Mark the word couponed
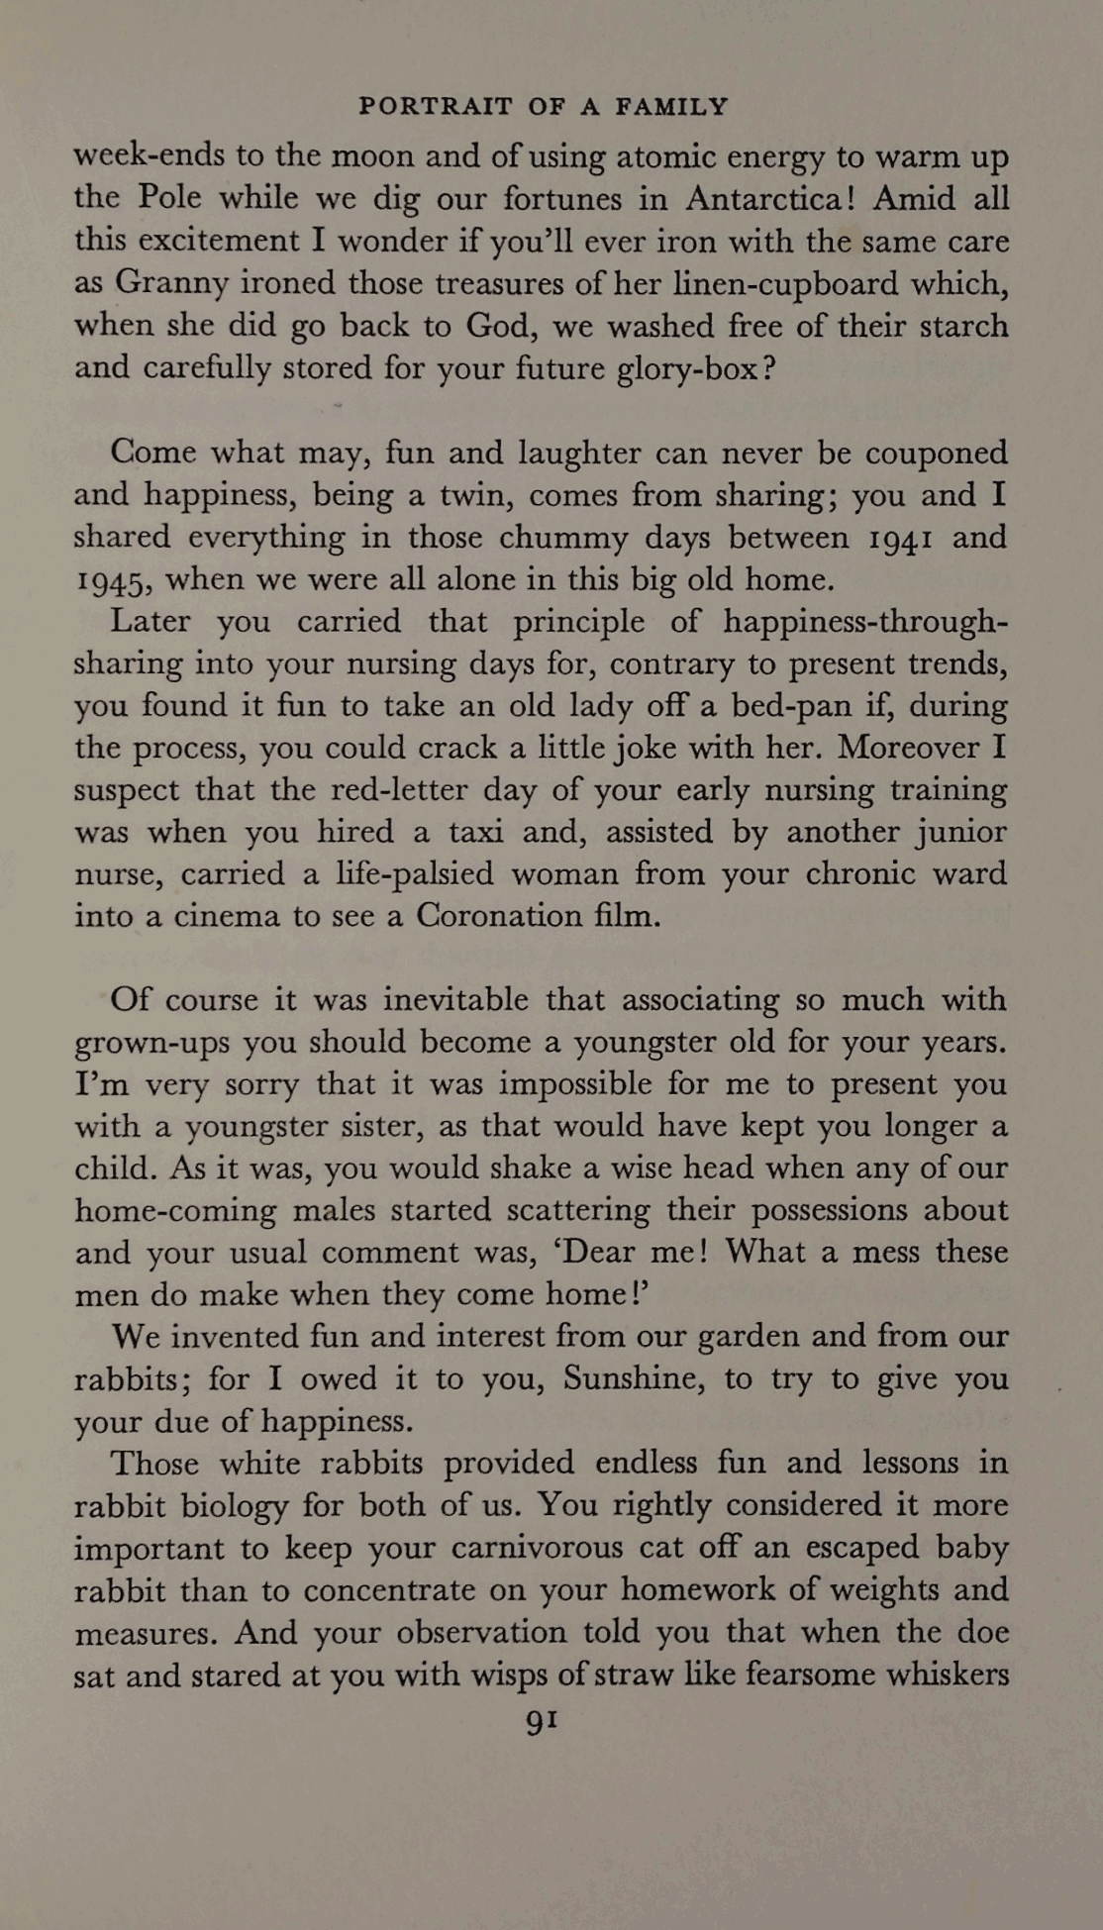(936, 453)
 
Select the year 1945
(111, 580)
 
